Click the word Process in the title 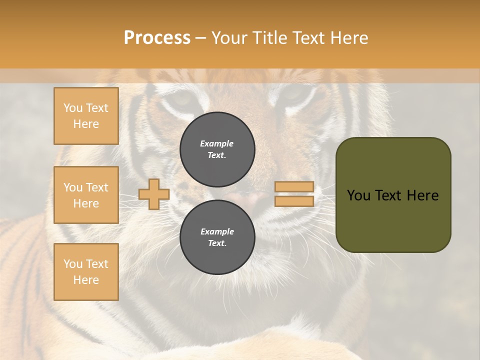(157, 38)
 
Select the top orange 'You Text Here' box (86, 116)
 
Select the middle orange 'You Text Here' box (86, 195)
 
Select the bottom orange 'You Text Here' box (86, 272)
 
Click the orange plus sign (153, 194)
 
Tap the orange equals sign (294, 194)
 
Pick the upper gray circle (217, 149)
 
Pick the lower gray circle (217, 237)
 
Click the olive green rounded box (393, 195)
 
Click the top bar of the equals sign (294, 186)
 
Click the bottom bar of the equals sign (294, 201)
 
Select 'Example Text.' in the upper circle (217, 149)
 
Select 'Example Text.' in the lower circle (217, 237)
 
